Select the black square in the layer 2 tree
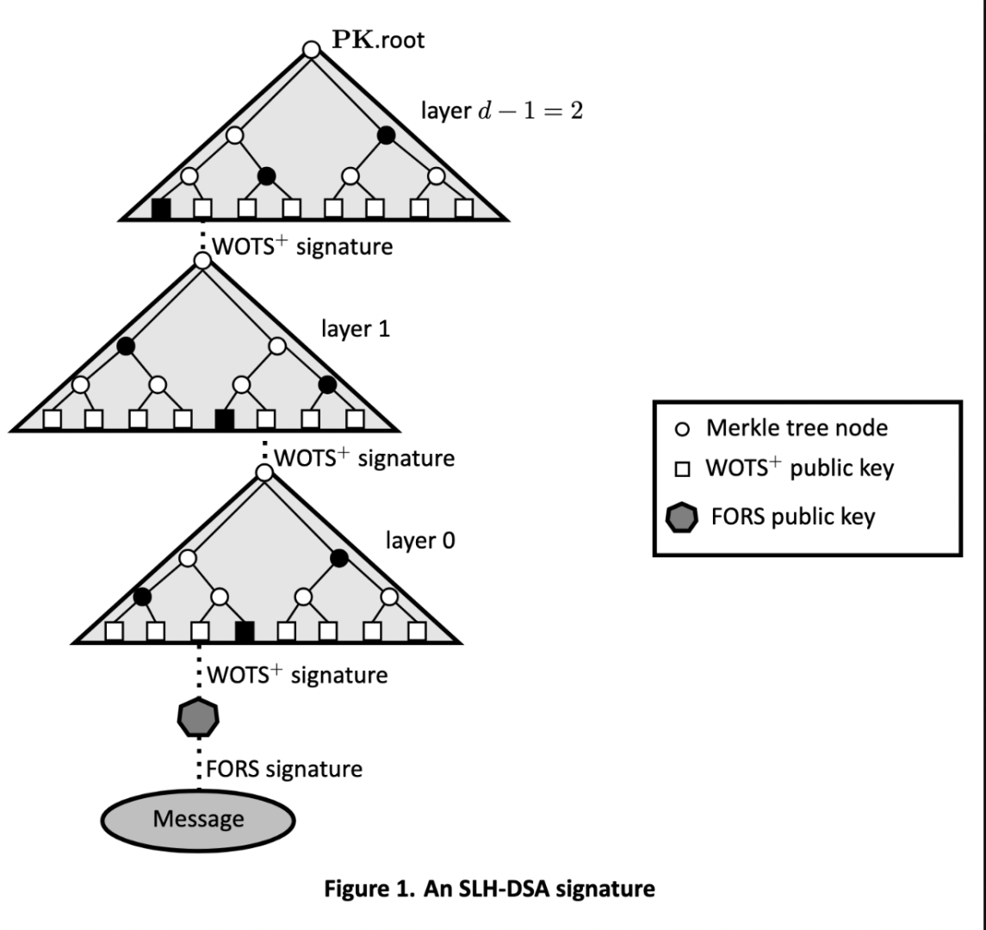pyautogui.click(x=161, y=208)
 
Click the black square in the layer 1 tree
pyautogui.click(x=225, y=419)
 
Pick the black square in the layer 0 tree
pyautogui.click(x=245, y=631)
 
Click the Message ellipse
pyautogui.click(x=199, y=819)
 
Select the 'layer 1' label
pyautogui.click(x=353, y=328)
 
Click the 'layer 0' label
pyautogui.click(x=421, y=541)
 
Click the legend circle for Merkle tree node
pyautogui.click(x=682, y=428)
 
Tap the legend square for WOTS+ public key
pyautogui.click(x=682, y=470)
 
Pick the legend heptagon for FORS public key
pyautogui.click(x=682, y=518)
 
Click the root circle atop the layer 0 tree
pyautogui.click(x=264, y=473)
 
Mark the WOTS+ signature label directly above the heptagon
pyautogui.click(x=296, y=675)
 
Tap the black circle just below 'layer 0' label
pyautogui.click(x=338, y=558)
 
